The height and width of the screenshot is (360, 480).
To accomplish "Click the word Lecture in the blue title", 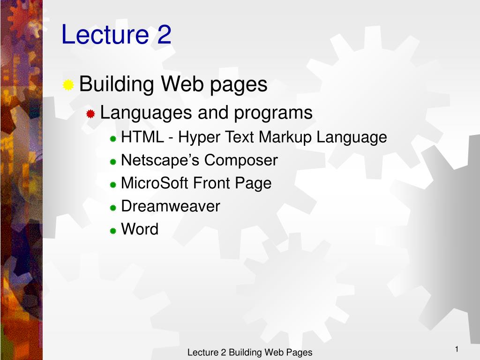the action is (105, 34).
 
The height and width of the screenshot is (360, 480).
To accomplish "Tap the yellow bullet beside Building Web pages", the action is (68, 85).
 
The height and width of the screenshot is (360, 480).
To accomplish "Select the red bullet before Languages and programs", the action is (90, 114).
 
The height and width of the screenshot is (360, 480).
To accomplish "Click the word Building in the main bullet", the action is (116, 84).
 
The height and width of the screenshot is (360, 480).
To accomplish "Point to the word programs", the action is (273, 113).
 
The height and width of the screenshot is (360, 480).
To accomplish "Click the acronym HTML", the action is (142, 137).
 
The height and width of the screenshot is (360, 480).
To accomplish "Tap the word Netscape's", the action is (160, 160).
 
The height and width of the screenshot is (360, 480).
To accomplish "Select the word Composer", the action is (241, 161).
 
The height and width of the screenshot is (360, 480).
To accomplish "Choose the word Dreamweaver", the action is (171, 206).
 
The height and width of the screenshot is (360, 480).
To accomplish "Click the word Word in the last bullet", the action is (140, 229).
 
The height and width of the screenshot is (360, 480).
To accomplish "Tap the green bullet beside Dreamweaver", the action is (113, 208).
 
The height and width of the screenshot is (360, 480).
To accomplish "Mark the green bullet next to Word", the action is (113, 231).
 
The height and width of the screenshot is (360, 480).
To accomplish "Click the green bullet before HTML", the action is (113, 139).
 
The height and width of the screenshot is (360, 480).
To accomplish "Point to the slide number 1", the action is (457, 349).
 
